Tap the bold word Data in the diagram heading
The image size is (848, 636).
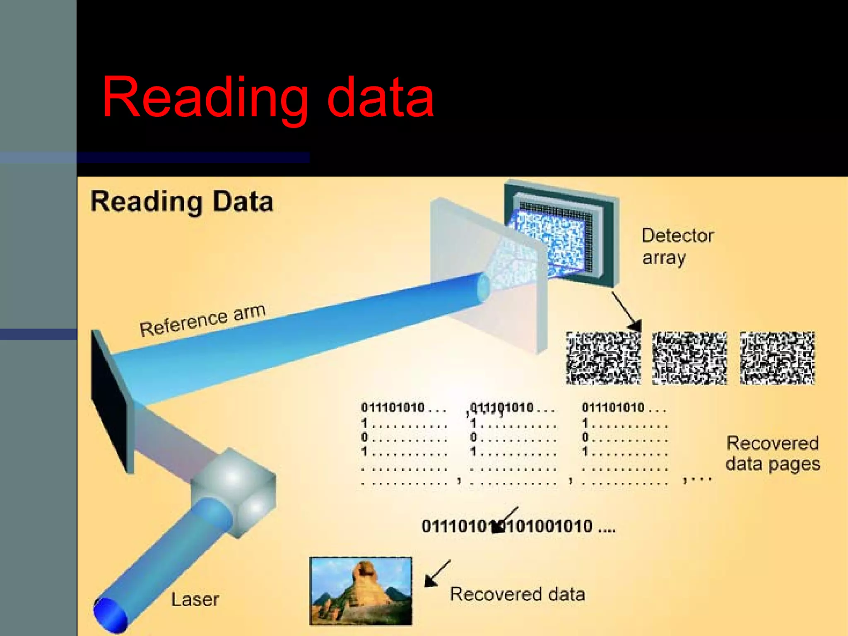tap(243, 202)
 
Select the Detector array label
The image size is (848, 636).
tap(678, 246)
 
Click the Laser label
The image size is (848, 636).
tap(195, 599)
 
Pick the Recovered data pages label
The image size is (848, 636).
tap(773, 453)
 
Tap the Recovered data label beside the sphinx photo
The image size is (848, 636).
tap(517, 594)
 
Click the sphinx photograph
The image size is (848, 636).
tap(361, 590)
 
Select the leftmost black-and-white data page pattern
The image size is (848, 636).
tap(603, 358)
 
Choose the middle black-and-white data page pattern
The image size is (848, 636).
tap(689, 358)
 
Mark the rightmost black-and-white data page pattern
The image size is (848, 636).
tap(777, 358)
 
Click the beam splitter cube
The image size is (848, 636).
tap(234, 493)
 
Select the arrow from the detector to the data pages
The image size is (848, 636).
tap(626, 311)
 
